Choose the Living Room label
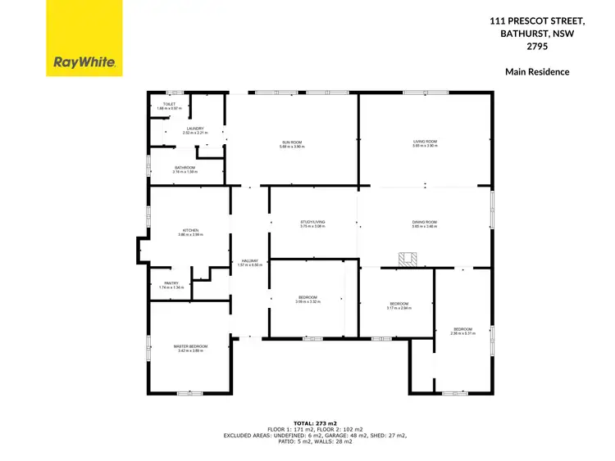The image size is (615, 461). click(425, 142)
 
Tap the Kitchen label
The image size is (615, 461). click(190, 232)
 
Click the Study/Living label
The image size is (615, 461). click(312, 222)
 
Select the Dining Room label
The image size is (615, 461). click(425, 222)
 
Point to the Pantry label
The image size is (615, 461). click(171, 283)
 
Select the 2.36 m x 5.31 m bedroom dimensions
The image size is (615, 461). click(462, 333)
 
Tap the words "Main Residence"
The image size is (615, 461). click(537, 72)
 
